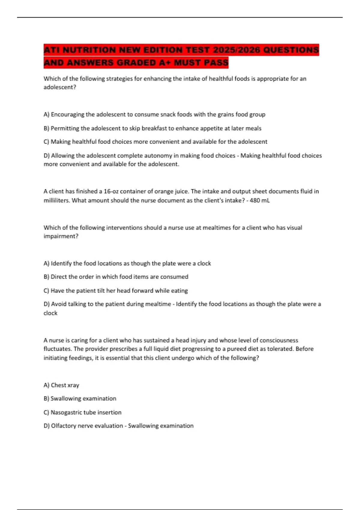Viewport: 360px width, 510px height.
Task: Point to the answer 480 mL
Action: (x=259, y=200)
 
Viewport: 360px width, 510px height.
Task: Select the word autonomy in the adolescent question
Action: (x=192, y=156)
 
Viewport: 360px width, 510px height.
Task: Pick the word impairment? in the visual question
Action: (x=61, y=236)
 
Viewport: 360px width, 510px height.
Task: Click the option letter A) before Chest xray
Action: (x=46, y=385)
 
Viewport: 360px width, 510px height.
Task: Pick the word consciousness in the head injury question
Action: (x=279, y=340)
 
